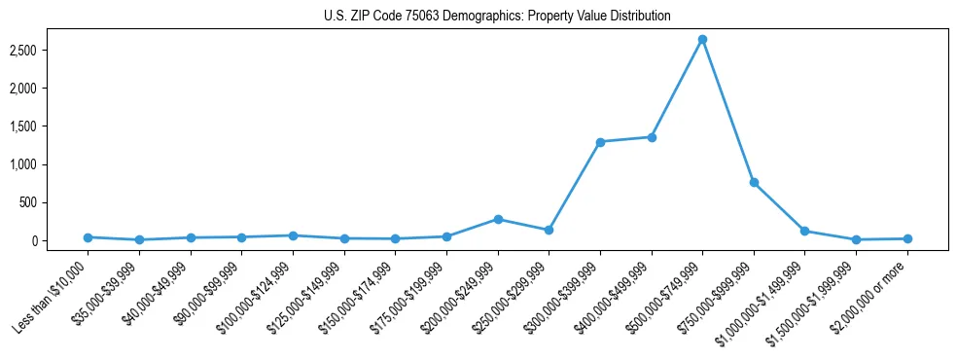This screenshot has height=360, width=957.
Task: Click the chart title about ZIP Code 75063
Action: pos(497,17)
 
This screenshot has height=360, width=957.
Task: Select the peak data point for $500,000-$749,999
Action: pos(702,40)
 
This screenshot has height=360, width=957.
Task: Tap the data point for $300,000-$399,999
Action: pos(600,142)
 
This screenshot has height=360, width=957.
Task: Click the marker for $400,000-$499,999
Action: pos(652,137)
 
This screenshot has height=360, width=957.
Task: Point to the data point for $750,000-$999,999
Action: pos(754,183)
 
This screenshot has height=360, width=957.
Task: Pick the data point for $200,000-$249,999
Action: pos(498,219)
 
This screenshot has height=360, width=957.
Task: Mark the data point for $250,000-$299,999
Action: pos(549,231)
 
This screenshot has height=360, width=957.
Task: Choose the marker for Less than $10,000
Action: pos(89,237)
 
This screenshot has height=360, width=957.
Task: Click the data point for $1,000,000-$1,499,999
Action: pos(804,231)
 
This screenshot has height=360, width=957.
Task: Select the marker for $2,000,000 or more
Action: pos(907,238)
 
